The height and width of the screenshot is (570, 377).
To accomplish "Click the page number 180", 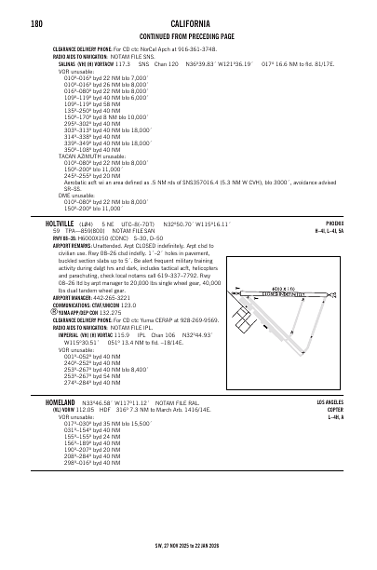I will coord(36,22).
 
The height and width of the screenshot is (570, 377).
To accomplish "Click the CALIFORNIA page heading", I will coord(188,22).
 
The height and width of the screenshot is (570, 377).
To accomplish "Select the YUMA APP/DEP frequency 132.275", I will coord(112,337).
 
